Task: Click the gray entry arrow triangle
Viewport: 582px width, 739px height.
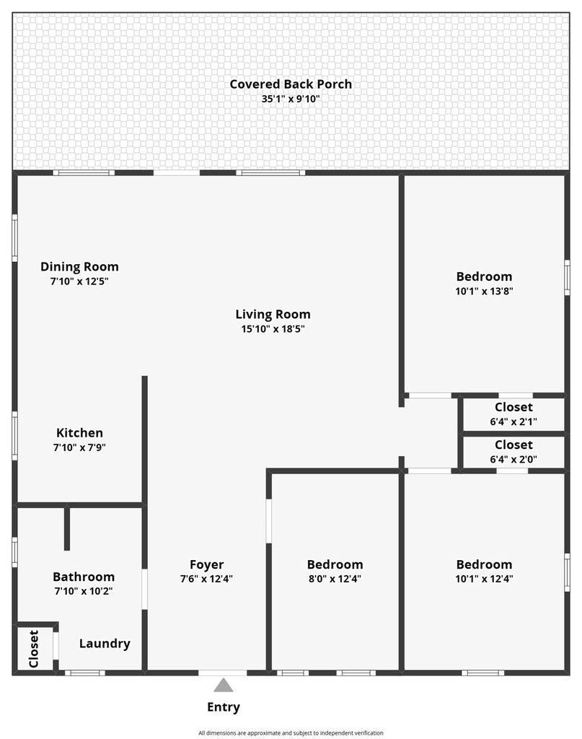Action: coord(223,686)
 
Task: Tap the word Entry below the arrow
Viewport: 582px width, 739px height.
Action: coord(224,707)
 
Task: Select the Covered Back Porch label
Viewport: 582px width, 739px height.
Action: coord(291,84)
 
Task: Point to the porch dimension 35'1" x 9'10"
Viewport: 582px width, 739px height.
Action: coord(291,99)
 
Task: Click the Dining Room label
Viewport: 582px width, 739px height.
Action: coord(79,267)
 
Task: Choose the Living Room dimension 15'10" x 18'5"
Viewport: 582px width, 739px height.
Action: coord(273,329)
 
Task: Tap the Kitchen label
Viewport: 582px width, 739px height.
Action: coord(79,433)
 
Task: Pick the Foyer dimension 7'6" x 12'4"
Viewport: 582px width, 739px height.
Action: coord(207,579)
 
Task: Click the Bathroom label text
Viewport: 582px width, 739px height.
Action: coord(84,577)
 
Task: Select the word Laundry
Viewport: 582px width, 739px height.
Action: coord(105,644)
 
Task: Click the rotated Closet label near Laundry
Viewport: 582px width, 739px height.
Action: coord(34,649)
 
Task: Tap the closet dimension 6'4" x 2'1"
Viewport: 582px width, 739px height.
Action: coord(513,421)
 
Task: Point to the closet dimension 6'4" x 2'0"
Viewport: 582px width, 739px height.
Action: coord(513,460)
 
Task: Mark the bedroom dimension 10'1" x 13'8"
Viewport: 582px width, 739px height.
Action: coord(484,292)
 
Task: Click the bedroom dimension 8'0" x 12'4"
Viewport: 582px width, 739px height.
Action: coord(335,579)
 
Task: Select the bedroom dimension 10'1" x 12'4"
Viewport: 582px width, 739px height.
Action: coord(484,579)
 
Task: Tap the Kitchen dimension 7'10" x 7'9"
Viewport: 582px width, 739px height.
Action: coord(79,447)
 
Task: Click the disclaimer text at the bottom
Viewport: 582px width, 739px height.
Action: coord(291,733)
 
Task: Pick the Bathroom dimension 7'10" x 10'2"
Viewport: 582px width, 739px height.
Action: coord(84,591)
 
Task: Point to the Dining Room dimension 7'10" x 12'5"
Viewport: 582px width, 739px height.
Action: coord(79,281)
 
